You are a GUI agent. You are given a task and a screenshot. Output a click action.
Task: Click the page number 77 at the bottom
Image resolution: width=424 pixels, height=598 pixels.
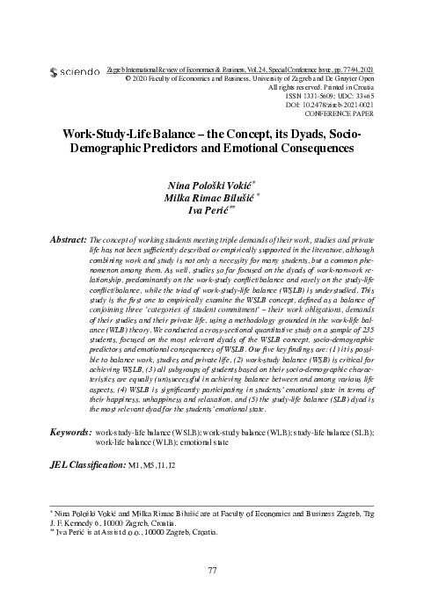click(212, 571)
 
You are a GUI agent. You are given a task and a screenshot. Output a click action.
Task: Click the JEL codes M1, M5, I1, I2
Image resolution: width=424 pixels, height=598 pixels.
click(153, 463)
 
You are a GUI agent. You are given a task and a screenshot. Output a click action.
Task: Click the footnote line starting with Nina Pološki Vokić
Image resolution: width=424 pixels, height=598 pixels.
click(211, 512)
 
